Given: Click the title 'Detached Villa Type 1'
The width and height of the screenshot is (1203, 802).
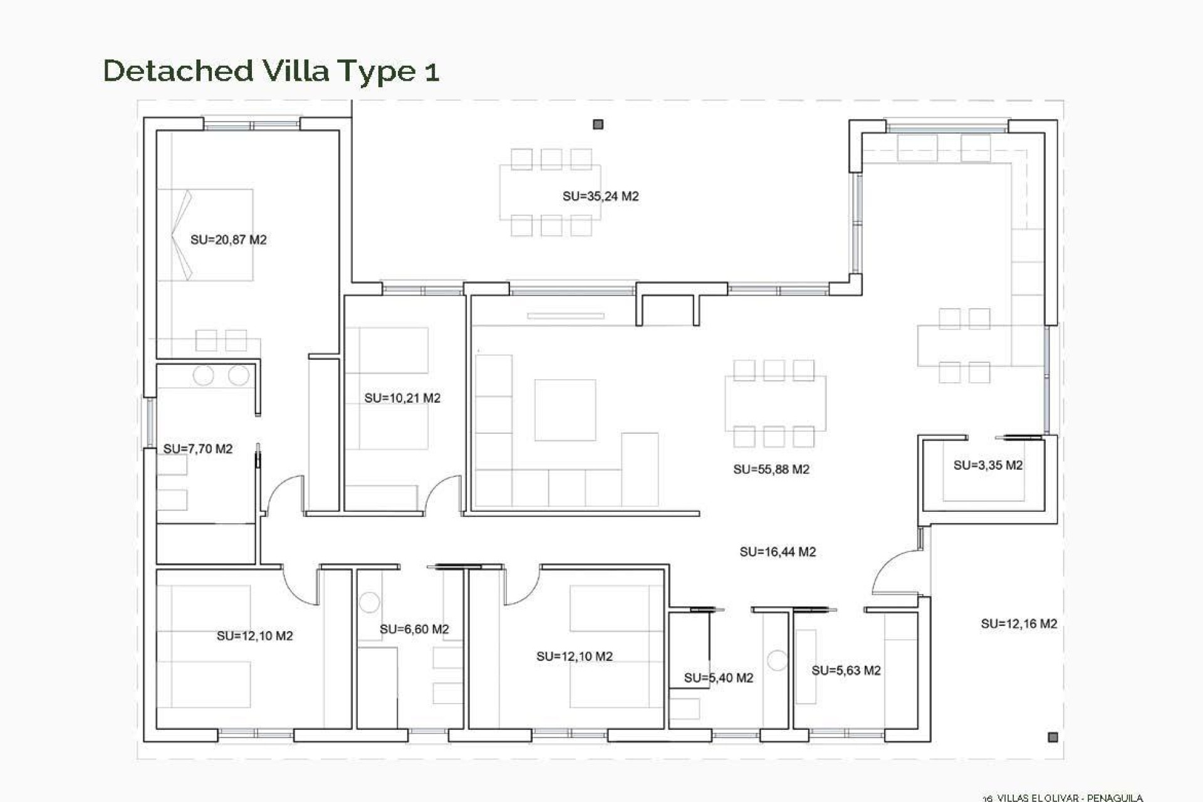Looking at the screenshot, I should [271, 71].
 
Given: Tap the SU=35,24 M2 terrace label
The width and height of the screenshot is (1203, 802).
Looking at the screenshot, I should [600, 197].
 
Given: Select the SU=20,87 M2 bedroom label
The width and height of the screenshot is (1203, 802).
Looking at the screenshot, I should [228, 240].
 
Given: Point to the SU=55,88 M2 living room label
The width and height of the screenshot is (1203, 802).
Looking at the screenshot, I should [771, 469].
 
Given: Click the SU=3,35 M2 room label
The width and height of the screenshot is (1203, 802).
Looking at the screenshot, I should [987, 466].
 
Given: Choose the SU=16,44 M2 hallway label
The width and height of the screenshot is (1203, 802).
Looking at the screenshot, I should [777, 552].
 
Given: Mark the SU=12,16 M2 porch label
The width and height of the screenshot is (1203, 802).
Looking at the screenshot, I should [1018, 624].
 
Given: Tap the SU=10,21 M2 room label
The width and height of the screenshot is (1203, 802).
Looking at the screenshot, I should [402, 398].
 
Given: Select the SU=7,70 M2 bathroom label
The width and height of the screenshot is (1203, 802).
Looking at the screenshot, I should [197, 449].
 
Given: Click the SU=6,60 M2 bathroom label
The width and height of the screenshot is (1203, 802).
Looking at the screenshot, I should [414, 629].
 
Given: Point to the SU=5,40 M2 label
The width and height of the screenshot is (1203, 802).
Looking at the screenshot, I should [718, 678].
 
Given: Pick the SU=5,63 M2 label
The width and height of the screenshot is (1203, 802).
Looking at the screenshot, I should [845, 671].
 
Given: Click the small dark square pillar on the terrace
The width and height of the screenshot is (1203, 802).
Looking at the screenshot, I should [598, 125].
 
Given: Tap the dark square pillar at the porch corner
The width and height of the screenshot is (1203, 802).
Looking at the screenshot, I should [1053, 737].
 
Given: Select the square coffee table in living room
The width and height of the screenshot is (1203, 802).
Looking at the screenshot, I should [565, 410].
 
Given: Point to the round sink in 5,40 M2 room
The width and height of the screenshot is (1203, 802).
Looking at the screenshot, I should [777, 660].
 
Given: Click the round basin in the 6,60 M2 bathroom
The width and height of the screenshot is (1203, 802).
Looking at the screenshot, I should [369, 602].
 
